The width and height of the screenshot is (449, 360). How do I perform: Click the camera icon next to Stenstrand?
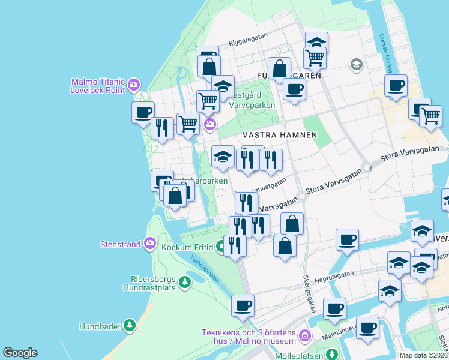149,244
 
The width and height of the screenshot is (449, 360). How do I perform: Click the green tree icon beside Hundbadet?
129,326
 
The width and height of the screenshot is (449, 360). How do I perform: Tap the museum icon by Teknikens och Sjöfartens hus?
305,335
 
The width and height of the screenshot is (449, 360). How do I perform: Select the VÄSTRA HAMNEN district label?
279,135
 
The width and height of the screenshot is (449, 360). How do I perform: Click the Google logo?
20,353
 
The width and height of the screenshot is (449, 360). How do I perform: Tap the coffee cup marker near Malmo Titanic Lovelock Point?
143,112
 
